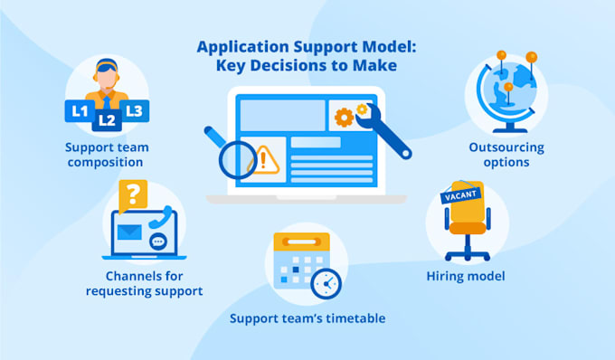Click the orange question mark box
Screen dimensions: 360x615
tap(134, 194)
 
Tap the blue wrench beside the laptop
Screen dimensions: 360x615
tap(384, 128)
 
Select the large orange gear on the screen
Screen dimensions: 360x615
tap(344, 117)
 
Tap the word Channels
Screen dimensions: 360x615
tap(123, 275)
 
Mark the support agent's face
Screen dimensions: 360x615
tap(107, 77)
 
